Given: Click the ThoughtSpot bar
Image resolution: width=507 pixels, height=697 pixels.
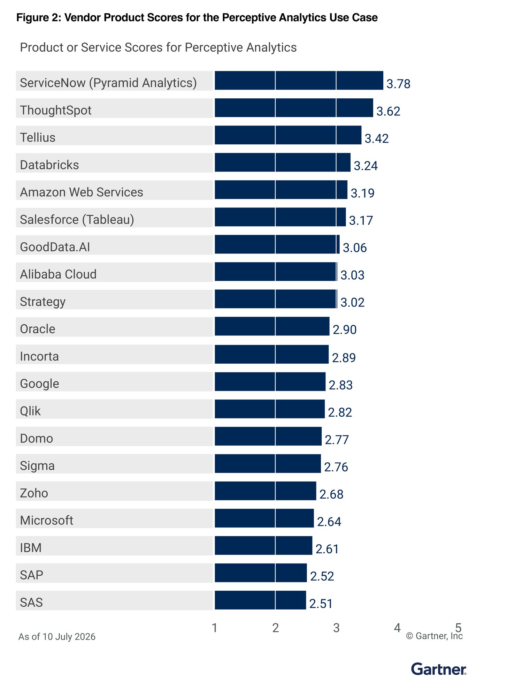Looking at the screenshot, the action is pos(294,108).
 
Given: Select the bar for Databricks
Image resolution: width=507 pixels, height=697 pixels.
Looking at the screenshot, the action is pos(283,162).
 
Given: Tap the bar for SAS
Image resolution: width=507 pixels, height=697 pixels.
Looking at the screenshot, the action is pos(260,600).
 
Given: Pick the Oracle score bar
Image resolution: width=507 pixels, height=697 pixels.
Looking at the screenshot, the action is pos(272,326).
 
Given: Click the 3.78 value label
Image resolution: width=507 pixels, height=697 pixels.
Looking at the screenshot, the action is pos(399,84).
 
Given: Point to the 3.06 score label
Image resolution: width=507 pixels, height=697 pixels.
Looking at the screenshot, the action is pos(355,248).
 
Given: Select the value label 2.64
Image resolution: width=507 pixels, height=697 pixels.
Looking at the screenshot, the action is pos(329,522).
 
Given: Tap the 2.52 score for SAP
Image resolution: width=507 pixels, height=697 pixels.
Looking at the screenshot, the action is pos(322,576).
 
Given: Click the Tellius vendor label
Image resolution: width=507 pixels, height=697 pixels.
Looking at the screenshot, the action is pos(38,137).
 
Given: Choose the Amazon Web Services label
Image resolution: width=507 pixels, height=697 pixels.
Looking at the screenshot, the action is pos(82,192).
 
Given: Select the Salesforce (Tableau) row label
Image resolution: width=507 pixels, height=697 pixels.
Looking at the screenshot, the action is pos(77,220).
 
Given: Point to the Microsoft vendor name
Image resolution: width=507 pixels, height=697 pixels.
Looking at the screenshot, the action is pos(47,520).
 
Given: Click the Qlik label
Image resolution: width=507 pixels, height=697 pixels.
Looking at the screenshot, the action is pos(30,411).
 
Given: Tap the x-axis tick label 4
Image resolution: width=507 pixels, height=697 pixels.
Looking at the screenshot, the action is pos(397,628).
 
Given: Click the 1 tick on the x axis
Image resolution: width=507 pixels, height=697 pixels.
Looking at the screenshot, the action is pos(215,628).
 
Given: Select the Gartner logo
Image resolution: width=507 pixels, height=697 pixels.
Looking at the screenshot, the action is pos(439,669).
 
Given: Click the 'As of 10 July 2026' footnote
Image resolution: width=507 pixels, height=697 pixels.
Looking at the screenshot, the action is pos(57,637).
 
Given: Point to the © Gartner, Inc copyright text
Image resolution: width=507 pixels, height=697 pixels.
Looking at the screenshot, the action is pos(434,636).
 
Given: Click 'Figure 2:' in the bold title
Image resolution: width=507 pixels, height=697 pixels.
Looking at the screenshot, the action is pos(39,17).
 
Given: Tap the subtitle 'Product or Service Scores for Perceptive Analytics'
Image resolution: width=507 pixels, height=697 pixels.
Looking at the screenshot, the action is pos(158,47).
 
